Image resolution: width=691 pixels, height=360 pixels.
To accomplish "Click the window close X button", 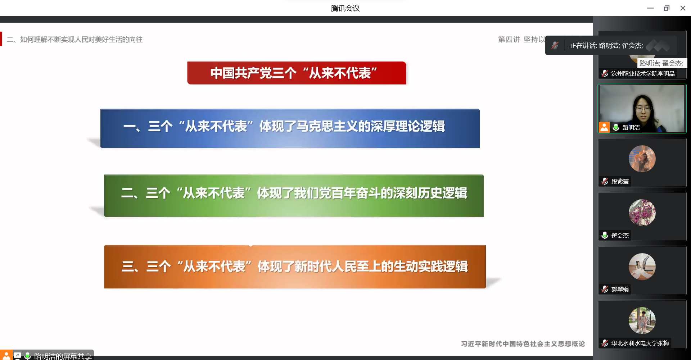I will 683,8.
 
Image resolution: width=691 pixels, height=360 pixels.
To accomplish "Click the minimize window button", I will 650,8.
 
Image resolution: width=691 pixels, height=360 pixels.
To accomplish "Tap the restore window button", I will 667,8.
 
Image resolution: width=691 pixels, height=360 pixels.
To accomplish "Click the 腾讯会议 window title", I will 345,8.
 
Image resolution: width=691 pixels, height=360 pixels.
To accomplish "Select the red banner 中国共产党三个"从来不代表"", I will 297,73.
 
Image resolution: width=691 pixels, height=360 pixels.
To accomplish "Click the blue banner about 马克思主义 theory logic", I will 290,128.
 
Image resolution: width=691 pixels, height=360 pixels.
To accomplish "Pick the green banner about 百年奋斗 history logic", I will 294,195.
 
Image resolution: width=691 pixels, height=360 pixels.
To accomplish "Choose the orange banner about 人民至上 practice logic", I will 295,266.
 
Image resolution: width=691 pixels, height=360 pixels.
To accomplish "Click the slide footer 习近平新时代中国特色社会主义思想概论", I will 523,344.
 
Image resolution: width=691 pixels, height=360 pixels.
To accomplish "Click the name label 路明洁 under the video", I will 631,128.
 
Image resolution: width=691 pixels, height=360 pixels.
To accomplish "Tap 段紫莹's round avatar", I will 642,159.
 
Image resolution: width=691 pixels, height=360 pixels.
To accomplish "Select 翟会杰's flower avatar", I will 642,213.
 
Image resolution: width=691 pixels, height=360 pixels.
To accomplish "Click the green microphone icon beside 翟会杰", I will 605,235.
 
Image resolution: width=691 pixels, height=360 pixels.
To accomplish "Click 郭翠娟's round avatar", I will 642,266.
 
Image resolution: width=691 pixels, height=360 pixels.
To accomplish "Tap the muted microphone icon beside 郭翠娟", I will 605,289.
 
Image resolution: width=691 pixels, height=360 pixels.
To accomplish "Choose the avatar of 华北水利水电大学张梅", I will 642,320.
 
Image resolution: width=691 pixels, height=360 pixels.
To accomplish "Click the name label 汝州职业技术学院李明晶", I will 643,74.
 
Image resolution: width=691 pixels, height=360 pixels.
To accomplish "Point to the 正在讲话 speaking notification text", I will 606,46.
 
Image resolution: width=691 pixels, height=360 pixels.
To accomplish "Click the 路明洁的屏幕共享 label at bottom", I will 63,356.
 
